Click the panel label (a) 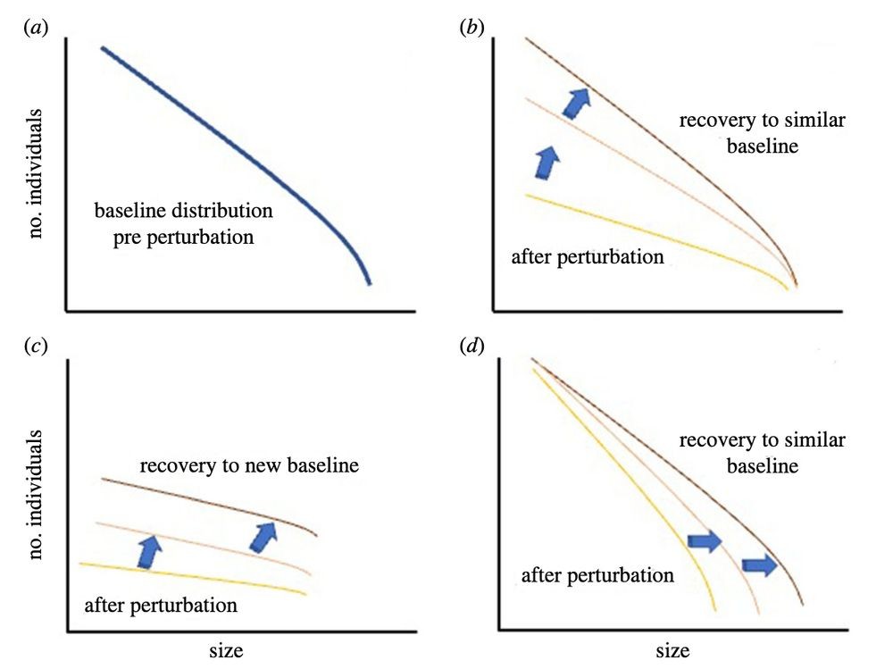tap(36, 28)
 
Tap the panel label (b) tap(472, 28)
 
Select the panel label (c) tap(36, 346)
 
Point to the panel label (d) tap(472, 346)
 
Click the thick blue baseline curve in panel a tap(245, 156)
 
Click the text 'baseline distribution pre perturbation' tap(183, 223)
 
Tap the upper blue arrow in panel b tap(576, 103)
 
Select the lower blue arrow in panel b tap(547, 163)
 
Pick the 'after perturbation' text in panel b tap(588, 257)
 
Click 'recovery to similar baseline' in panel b tap(762, 133)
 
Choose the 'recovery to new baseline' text tap(249, 465)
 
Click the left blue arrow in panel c tap(149, 551)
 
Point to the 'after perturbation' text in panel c tap(161, 606)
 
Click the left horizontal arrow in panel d tap(705, 541)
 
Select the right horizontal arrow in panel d tap(760, 564)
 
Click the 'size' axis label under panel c tap(226, 651)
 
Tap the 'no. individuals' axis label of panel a tap(36, 173)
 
